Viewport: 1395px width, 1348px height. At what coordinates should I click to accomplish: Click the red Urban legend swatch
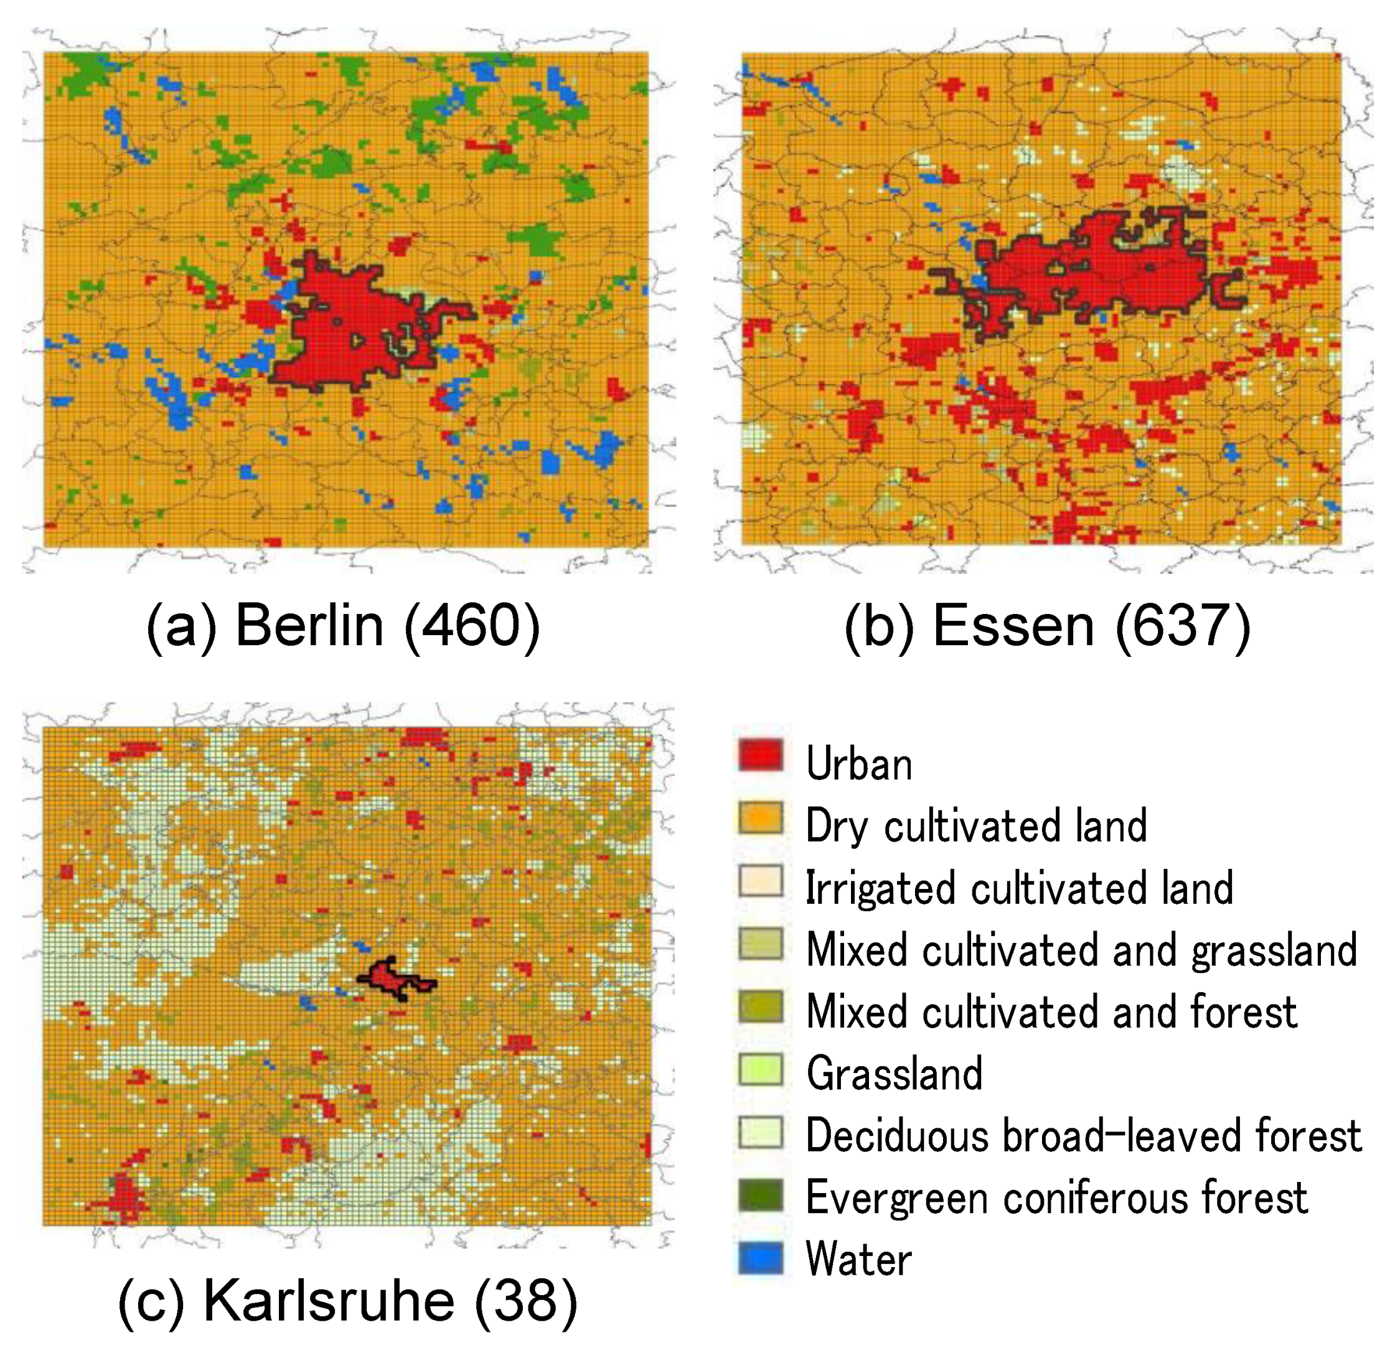click(x=761, y=755)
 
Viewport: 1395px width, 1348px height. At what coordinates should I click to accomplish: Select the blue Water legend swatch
click(x=761, y=1258)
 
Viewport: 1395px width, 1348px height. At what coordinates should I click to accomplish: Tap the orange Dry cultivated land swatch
click(x=761, y=818)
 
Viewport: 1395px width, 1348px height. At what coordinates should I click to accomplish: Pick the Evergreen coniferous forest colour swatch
click(x=761, y=1195)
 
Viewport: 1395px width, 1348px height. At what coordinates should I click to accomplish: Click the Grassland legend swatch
click(x=761, y=1069)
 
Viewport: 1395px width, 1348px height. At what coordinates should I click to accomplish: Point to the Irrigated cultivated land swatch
click(x=761, y=881)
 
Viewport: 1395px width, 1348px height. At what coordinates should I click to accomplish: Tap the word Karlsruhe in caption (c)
click(x=329, y=1300)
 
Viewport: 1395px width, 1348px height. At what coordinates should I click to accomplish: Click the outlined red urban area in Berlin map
click(x=342, y=327)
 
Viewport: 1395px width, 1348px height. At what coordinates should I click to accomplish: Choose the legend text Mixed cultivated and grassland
click(x=1082, y=950)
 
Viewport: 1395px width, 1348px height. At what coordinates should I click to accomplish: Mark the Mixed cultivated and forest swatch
click(x=761, y=1006)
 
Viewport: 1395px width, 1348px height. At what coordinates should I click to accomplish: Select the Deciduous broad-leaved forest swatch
click(x=761, y=1133)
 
